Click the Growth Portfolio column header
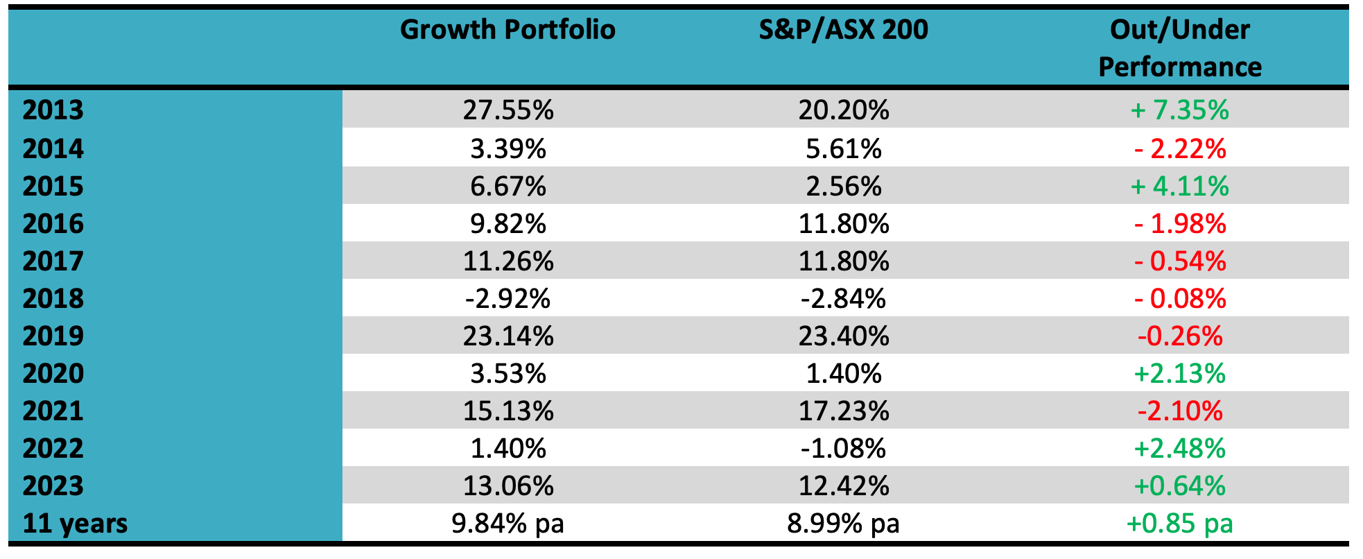coord(507,30)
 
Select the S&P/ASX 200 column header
coord(843,30)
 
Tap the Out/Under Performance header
coord(1180,49)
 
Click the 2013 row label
coord(53,110)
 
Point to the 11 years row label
coord(75,523)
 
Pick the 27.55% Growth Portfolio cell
coord(508,110)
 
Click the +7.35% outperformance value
coord(1179,110)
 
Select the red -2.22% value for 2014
coord(1180,148)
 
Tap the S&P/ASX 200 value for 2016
coord(843,224)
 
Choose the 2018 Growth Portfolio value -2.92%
coord(507,299)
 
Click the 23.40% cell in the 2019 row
coord(843,336)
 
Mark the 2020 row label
coord(53,374)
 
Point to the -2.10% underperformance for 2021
coord(1180,411)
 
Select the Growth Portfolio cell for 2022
coord(508,449)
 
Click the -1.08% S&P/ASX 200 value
coord(843,449)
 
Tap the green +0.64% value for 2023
coord(1179,486)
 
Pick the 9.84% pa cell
coord(507,523)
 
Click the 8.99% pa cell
coord(843,523)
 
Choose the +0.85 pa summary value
coord(1179,523)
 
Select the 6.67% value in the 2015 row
coord(508,187)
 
